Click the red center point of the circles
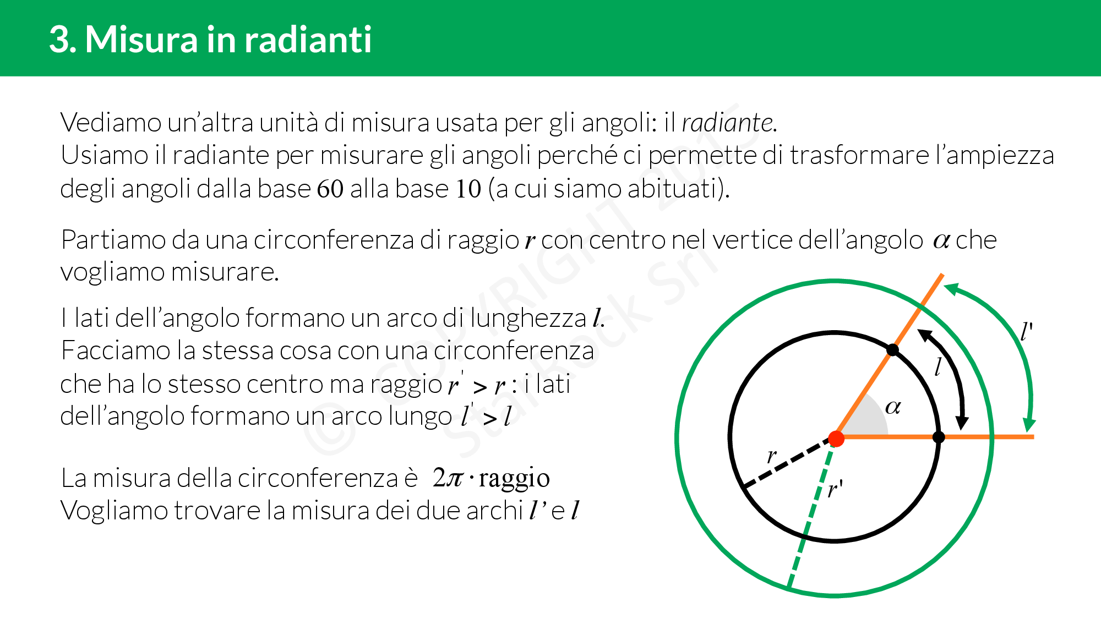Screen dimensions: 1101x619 pyautogui.click(x=836, y=439)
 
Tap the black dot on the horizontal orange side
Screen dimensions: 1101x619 pyautogui.click(x=939, y=437)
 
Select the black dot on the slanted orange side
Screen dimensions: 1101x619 pyautogui.click(x=893, y=350)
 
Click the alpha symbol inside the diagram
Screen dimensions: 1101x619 pyautogui.click(x=893, y=407)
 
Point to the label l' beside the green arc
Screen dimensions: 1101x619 pyautogui.click(x=1026, y=332)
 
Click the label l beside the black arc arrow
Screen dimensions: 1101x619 pyautogui.click(x=938, y=366)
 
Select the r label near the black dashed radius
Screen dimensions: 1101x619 pyautogui.click(x=772, y=456)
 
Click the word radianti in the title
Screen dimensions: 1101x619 pyautogui.click(x=308, y=39)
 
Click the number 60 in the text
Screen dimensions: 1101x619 pyautogui.click(x=330, y=189)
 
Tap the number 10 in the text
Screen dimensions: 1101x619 pyautogui.click(x=468, y=189)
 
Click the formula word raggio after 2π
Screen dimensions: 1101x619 pyautogui.click(x=514, y=479)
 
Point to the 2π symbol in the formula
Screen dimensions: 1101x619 pyautogui.click(x=448, y=477)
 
